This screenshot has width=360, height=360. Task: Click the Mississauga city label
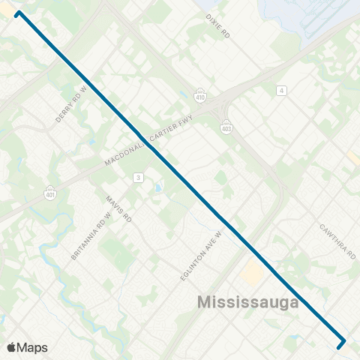tap(248, 303)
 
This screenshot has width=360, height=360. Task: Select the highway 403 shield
tap(226, 129)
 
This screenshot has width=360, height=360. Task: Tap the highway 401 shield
tap(50, 191)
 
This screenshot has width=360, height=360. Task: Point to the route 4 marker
tap(281, 91)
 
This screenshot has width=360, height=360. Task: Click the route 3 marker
tap(138, 177)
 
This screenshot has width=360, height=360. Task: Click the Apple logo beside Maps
tap(11, 347)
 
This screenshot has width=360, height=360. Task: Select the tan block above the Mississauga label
tap(252, 274)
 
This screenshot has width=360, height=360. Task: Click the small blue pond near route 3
tap(158, 185)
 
